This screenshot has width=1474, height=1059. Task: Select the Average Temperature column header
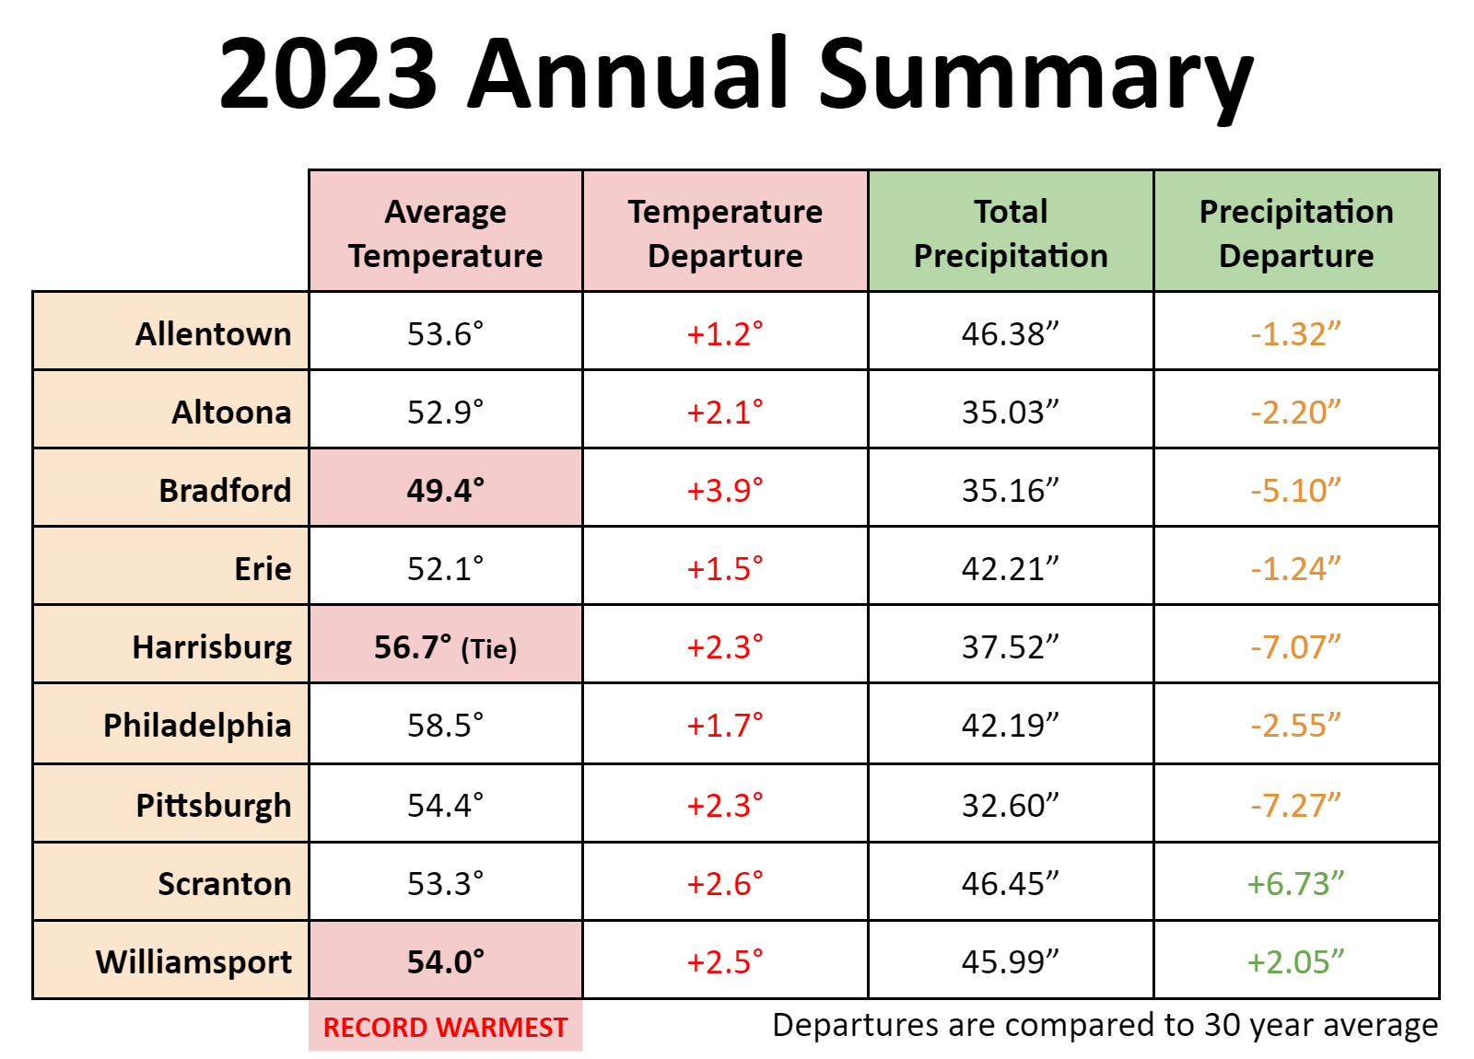click(x=446, y=233)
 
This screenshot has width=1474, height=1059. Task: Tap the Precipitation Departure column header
click(x=1296, y=233)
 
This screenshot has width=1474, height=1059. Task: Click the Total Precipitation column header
click(x=1011, y=233)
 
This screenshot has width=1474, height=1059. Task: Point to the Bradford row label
click(x=225, y=490)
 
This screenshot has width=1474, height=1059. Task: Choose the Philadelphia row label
click(x=197, y=725)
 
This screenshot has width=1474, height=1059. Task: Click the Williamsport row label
click(x=193, y=961)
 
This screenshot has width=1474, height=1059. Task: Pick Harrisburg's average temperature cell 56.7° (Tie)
click(x=446, y=646)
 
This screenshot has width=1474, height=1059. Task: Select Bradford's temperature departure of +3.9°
click(x=725, y=490)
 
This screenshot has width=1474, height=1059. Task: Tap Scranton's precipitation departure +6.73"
click(x=1295, y=883)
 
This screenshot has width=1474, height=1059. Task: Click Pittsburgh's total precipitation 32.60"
click(x=1011, y=805)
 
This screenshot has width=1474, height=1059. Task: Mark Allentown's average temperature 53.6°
click(x=446, y=333)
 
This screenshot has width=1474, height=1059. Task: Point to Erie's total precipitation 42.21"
click(x=1011, y=568)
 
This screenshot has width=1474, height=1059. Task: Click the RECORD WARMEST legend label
click(x=446, y=1027)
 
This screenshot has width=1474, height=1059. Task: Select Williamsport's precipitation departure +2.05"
click(x=1295, y=961)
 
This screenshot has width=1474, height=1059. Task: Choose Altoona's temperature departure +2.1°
click(x=725, y=412)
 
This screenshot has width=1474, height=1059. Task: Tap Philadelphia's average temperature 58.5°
click(x=446, y=725)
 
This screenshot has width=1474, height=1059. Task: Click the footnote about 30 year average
click(x=1105, y=1025)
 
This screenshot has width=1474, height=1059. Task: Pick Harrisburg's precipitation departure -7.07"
click(x=1295, y=646)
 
